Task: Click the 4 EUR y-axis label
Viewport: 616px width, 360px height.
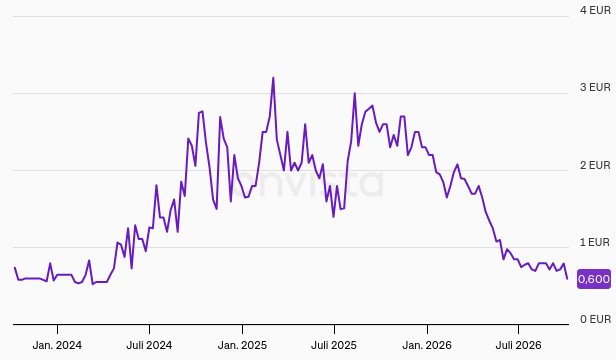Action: point(595,10)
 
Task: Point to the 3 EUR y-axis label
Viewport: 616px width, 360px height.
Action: point(595,87)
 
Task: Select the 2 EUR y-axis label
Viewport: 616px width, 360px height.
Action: point(595,165)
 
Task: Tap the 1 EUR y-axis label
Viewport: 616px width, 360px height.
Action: point(595,242)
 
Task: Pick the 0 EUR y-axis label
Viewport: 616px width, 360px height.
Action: point(595,319)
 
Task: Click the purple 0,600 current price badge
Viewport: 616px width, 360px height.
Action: point(594,279)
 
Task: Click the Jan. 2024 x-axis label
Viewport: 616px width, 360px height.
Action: point(57,345)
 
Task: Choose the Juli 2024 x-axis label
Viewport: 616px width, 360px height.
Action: point(149,345)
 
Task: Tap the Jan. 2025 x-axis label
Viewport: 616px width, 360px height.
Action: point(242,345)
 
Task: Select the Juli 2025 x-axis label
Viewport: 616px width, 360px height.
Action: point(334,345)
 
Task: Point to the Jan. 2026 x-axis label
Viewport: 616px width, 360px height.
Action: point(427,345)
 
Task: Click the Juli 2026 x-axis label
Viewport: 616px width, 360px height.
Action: point(518,345)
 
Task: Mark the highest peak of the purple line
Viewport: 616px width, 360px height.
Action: point(273,78)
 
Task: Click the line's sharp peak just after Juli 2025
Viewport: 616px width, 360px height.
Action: point(354,93)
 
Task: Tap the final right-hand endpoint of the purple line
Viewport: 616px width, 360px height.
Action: point(567,279)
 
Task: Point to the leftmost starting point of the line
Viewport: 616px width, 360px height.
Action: point(15,267)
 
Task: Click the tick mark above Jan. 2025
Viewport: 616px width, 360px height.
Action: point(242,329)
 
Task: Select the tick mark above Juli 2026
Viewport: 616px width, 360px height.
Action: point(518,329)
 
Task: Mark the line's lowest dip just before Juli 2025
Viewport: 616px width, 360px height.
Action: point(334,217)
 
